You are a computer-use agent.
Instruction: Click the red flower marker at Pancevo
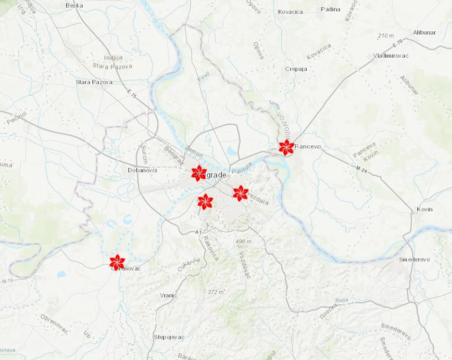[x=287, y=147]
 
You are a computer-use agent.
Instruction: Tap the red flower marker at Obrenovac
[x=117, y=262]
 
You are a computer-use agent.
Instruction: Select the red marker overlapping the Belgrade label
[x=199, y=173]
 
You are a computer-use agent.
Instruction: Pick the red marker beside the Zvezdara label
[x=240, y=193]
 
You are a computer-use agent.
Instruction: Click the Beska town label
[x=74, y=5]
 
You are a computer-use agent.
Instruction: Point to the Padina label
[x=330, y=9]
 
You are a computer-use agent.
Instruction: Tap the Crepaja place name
[x=296, y=69]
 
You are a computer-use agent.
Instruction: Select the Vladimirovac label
[x=390, y=56]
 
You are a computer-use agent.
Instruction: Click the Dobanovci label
[x=142, y=170]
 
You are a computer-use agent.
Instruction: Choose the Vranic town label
[x=169, y=295]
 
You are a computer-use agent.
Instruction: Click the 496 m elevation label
[x=244, y=241]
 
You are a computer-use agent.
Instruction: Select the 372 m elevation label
[x=216, y=292]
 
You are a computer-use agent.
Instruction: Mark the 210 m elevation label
[x=386, y=36]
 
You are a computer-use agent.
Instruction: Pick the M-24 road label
[x=361, y=169]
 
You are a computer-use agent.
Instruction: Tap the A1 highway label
[x=198, y=232]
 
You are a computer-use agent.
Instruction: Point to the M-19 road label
[x=6, y=281]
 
